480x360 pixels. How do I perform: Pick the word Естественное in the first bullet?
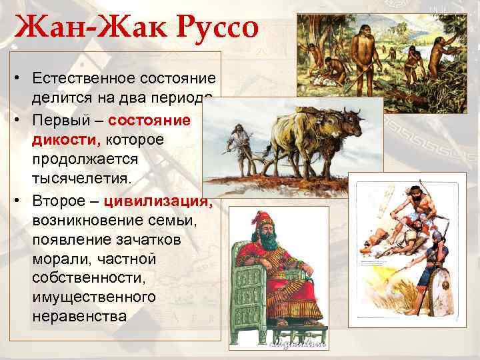(x=83, y=79)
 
